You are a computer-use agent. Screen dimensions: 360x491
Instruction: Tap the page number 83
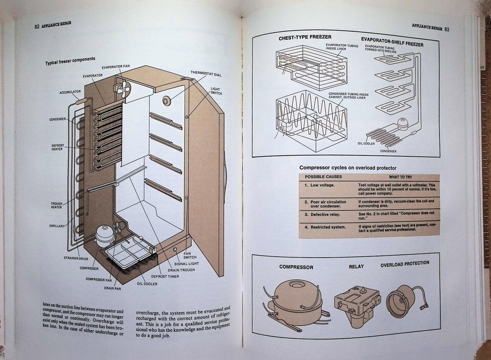(447, 29)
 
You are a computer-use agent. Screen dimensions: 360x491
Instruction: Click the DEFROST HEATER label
(57, 147)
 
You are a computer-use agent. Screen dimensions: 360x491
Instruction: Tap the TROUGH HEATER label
(56, 206)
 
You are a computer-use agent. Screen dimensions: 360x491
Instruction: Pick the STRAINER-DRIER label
(76, 258)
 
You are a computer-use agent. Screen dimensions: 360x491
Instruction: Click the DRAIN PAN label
(113, 288)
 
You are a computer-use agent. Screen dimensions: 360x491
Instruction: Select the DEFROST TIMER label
(165, 276)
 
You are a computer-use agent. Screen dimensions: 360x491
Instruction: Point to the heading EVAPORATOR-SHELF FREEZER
(392, 41)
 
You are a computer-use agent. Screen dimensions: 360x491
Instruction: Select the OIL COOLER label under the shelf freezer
(366, 143)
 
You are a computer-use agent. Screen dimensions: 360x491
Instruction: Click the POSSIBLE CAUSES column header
(323, 176)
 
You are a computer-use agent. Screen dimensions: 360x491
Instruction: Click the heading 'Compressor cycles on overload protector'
(348, 168)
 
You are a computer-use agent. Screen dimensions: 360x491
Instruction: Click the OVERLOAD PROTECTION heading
(405, 264)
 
